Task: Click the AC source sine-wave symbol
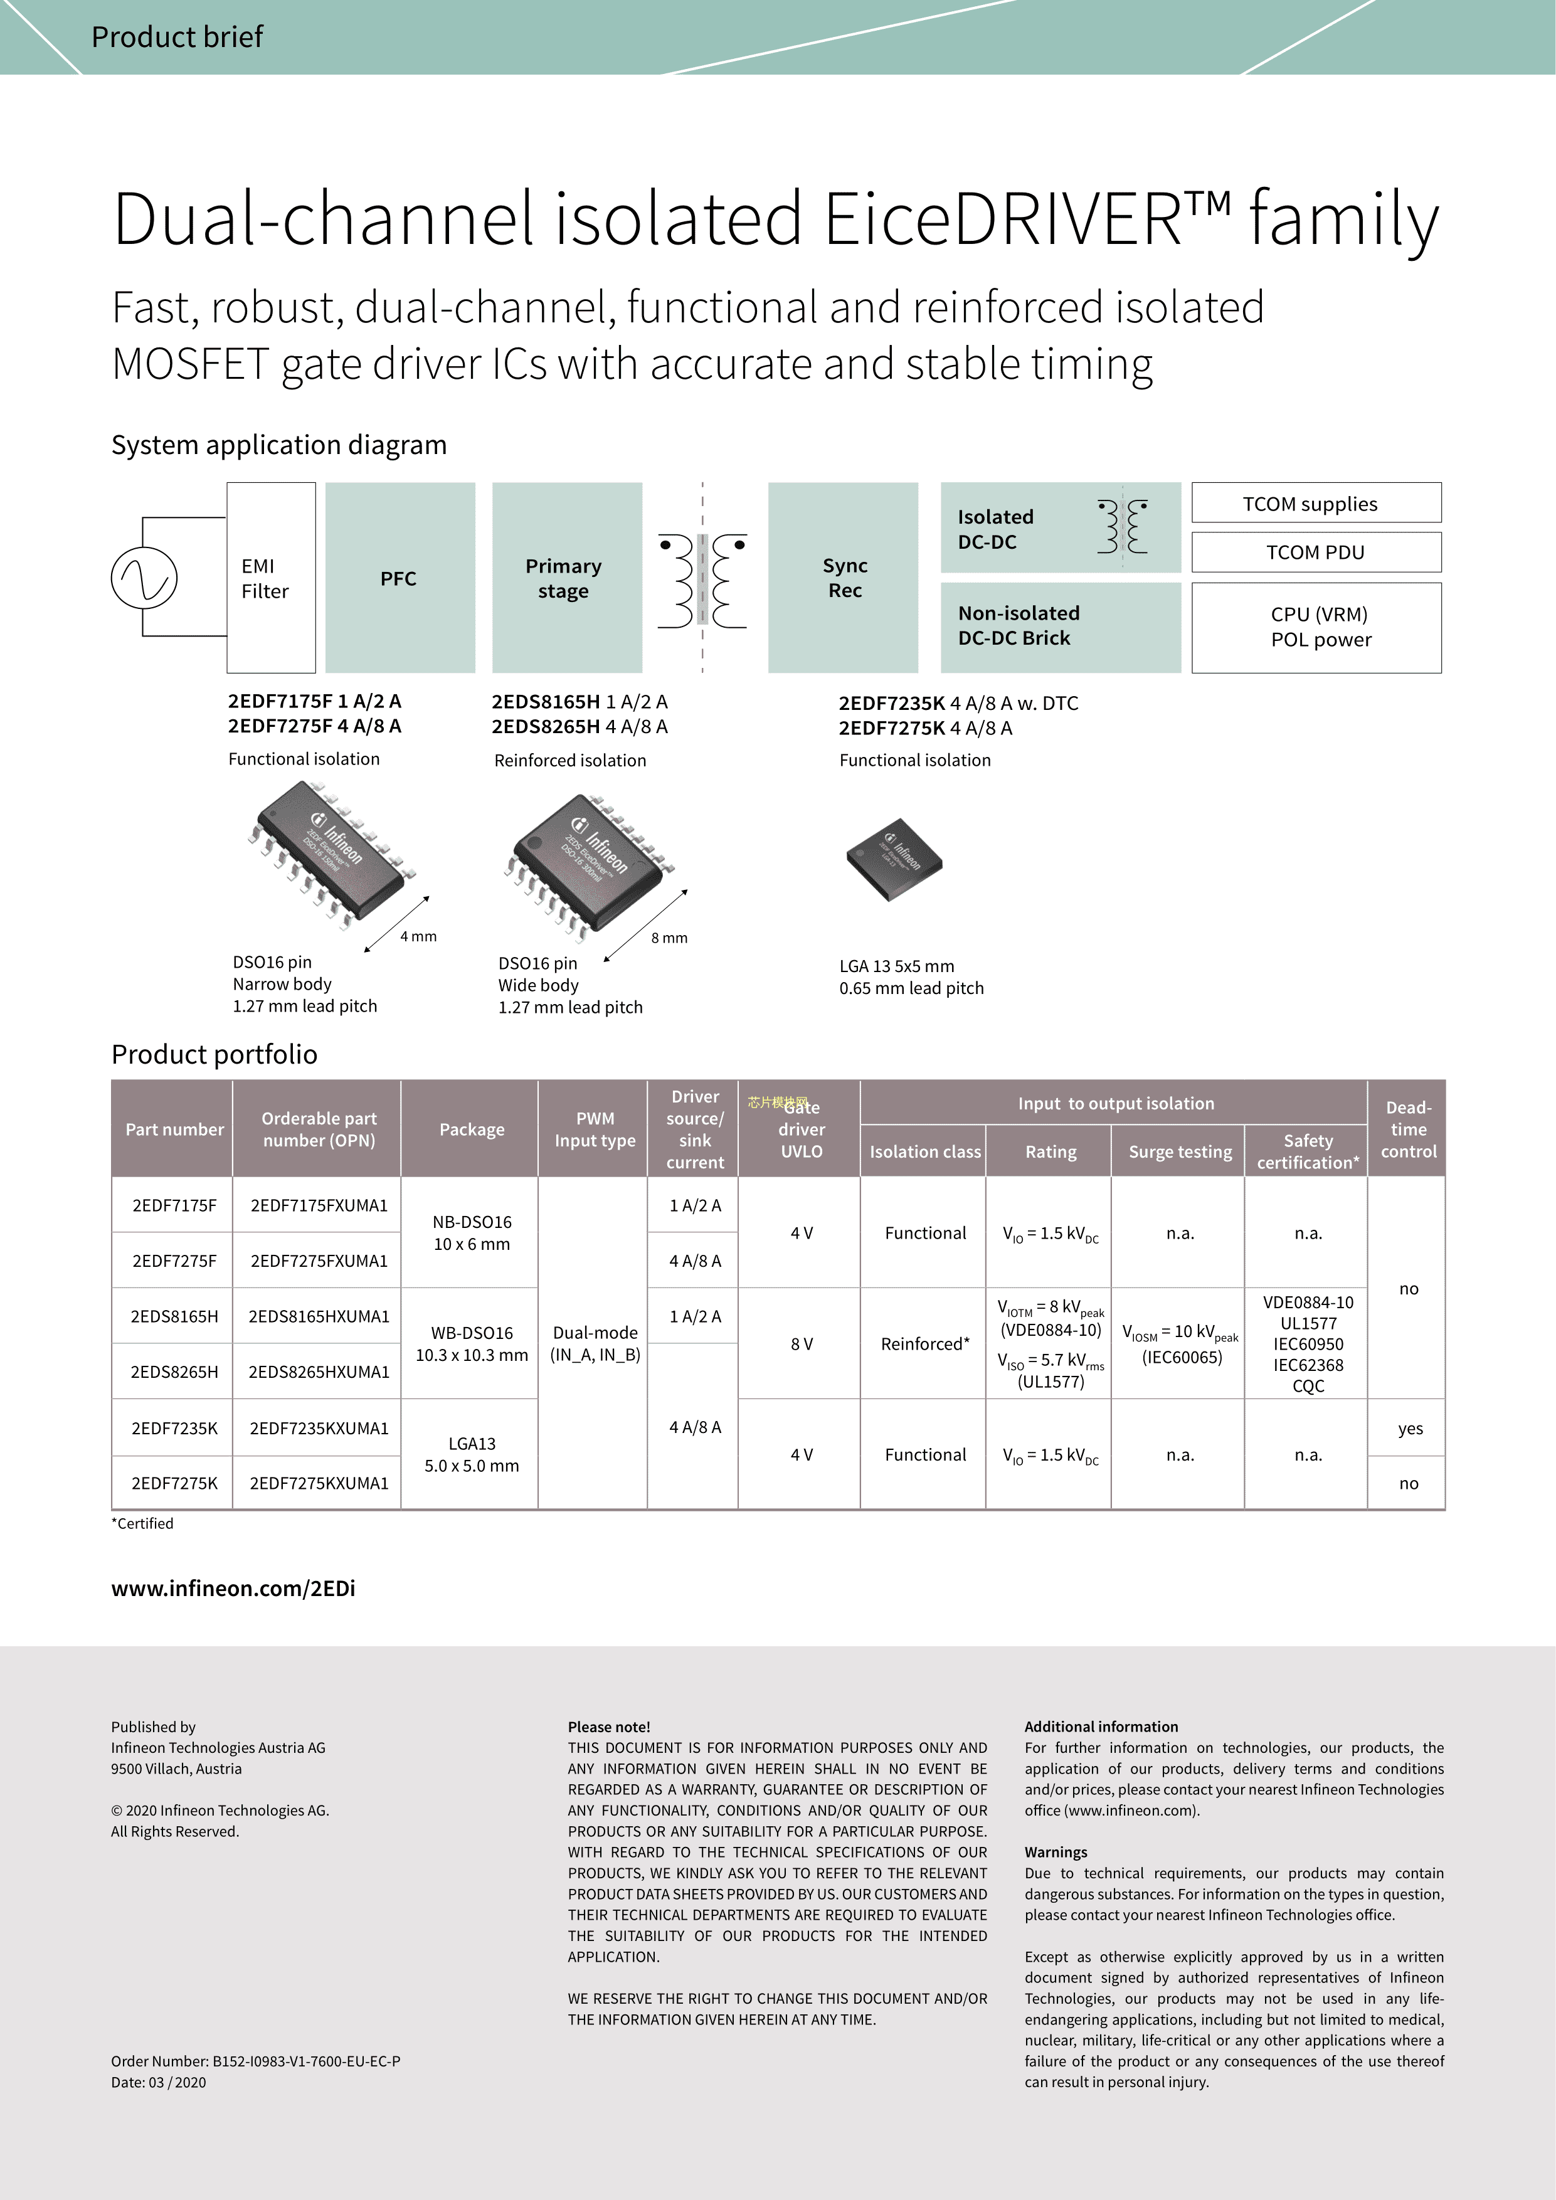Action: click(145, 578)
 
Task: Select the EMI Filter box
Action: click(270, 578)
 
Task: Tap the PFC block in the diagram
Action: click(400, 578)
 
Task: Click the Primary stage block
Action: click(566, 578)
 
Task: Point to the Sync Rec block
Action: click(843, 578)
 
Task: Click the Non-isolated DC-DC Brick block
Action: click(1060, 627)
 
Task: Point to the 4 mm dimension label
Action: click(418, 936)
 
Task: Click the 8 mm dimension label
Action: click(669, 938)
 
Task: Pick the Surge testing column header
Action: click(1180, 1152)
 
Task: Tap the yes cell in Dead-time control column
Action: click(1409, 1429)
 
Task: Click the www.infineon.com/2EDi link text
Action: click(233, 1589)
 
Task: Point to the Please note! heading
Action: click(608, 1727)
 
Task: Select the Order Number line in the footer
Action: click(255, 2061)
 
